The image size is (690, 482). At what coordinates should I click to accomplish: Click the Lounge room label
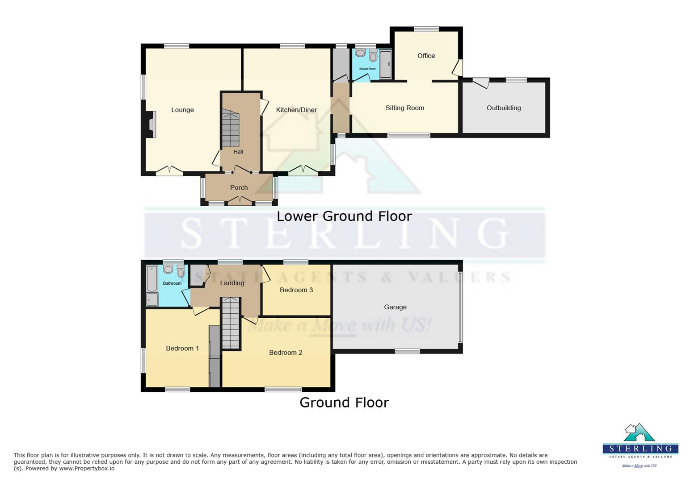(182, 110)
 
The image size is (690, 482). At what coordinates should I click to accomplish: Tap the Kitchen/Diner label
(296, 110)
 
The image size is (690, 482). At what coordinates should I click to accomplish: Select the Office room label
(426, 56)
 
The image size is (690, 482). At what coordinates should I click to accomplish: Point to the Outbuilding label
(504, 108)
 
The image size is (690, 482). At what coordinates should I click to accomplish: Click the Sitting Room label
(404, 108)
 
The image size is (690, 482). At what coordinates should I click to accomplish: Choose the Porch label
(239, 188)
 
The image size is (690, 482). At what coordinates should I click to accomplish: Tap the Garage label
(395, 307)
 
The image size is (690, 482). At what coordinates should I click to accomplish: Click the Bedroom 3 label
(296, 290)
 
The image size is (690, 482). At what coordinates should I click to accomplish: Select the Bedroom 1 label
(182, 349)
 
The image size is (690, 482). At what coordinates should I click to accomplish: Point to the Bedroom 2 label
(286, 353)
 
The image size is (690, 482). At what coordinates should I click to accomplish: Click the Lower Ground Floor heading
(344, 216)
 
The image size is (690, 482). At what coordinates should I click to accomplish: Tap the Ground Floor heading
(344, 403)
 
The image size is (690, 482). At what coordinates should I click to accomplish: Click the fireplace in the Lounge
(151, 124)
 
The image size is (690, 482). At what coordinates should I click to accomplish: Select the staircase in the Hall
(231, 129)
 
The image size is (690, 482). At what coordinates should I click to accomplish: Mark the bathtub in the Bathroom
(152, 278)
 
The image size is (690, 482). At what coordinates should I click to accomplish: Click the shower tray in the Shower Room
(386, 65)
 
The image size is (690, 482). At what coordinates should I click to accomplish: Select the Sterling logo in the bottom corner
(640, 444)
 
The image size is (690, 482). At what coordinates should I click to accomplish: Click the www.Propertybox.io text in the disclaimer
(87, 469)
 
